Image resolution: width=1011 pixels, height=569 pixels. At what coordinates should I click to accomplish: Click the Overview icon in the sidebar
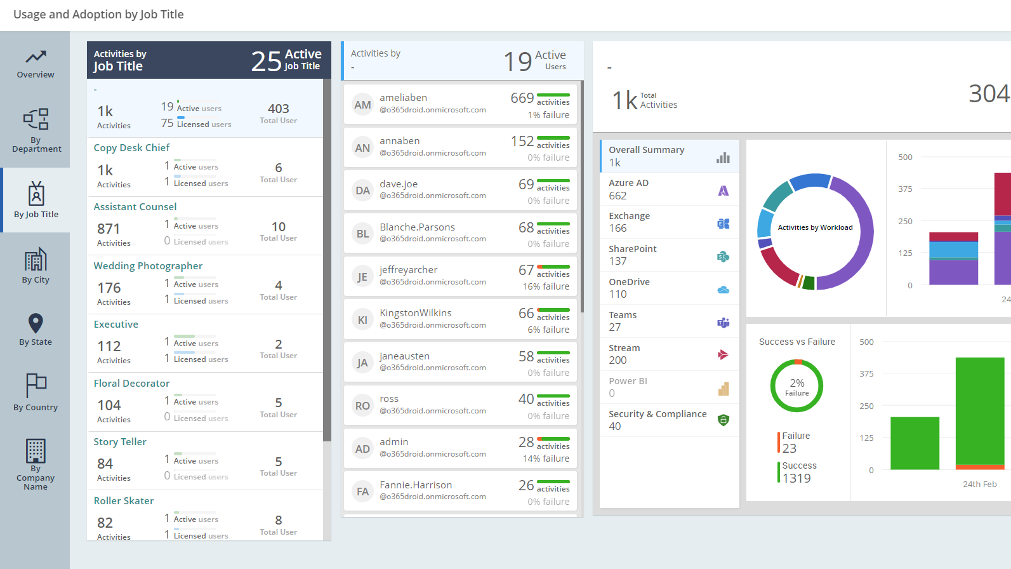click(36, 57)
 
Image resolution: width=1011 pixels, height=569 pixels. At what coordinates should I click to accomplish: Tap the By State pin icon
click(36, 323)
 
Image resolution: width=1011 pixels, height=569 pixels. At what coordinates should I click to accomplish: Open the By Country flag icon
click(36, 385)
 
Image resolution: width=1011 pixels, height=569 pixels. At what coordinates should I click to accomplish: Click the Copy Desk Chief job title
click(131, 148)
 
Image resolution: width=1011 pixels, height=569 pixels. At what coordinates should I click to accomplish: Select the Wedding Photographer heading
click(148, 266)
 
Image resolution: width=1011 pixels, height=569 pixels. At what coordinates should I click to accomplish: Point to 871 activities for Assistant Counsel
click(109, 229)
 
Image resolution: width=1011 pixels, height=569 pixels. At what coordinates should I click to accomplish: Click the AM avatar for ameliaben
click(362, 105)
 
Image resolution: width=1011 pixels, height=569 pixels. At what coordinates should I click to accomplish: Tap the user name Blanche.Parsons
click(417, 227)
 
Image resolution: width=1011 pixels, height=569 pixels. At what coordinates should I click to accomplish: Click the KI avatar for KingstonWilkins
click(362, 320)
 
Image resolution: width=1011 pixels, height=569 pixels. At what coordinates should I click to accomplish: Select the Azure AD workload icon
click(723, 191)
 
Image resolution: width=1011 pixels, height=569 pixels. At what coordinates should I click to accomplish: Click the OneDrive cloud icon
click(723, 290)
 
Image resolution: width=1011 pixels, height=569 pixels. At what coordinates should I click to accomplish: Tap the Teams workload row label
click(623, 315)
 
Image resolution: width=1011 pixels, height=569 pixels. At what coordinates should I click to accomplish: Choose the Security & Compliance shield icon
click(723, 420)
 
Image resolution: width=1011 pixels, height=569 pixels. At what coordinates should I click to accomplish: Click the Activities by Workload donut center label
click(815, 227)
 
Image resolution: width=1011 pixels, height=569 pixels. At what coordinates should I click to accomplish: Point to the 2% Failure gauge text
click(797, 386)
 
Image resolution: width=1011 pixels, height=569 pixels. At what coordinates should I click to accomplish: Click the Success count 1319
click(796, 479)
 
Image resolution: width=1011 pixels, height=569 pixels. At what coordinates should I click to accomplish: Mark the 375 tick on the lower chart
click(866, 374)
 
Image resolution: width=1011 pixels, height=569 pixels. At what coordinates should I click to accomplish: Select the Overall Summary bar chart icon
click(723, 157)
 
